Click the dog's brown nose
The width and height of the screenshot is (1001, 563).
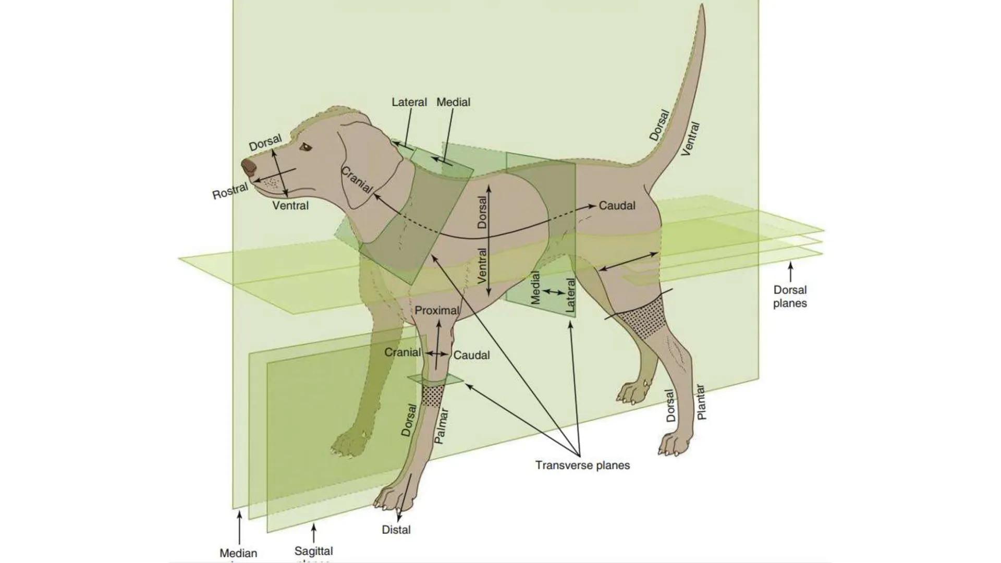[249, 167]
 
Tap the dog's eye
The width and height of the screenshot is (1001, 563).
[305, 148]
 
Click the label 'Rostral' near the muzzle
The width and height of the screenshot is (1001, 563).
[230, 191]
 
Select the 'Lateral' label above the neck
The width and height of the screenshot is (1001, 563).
[409, 102]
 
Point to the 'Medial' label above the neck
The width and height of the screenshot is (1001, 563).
[453, 102]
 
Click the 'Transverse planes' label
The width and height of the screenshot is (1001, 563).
[582, 465]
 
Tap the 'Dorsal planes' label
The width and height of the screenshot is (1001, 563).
[790, 297]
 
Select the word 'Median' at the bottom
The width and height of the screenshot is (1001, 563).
[238, 553]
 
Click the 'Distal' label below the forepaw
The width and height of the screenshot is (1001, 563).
[396, 530]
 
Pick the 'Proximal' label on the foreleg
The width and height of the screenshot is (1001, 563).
[437, 311]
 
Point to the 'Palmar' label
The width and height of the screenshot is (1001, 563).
[441, 426]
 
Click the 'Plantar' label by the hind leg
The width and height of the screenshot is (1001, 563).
[701, 402]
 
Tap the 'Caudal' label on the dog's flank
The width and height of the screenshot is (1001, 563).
[617, 206]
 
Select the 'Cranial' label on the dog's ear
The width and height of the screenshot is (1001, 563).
[357, 180]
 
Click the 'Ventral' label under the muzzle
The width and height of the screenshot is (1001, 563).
[290, 206]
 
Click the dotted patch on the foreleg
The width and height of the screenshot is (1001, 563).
[433, 395]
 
